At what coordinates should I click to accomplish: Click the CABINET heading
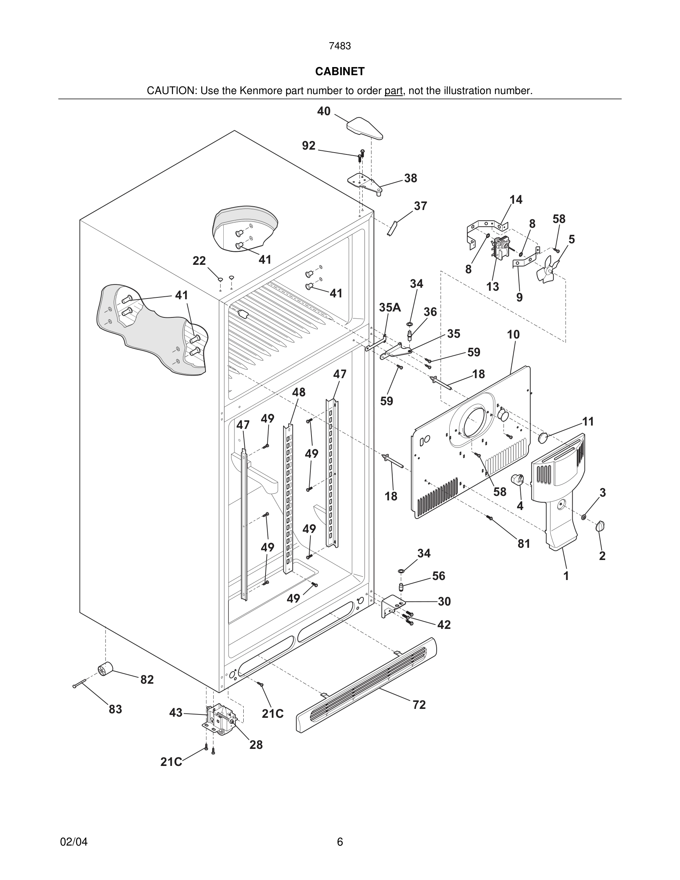click(x=340, y=71)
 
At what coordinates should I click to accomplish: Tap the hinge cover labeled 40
click(x=364, y=128)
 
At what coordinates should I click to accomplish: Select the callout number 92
click(x=309, y=146)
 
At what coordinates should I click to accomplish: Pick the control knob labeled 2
click(x=600, y=526)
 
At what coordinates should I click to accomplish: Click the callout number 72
click(x=419, y=705)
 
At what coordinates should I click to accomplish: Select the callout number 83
click(x=115, y=709)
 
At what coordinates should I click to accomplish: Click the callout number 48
click(x=299, y=392)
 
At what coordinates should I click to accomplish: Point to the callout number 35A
click(x=390, y=307)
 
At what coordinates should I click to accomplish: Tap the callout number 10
click(x=513, y=334)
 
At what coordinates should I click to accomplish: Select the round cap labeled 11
click(x=544, y=437)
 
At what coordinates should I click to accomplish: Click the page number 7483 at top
click(x=340, y=46)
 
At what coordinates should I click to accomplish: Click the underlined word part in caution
click(x=393, y=91)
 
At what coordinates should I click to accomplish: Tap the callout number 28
click(x=256, y=744)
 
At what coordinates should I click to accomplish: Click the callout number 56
click(x=438, y=576)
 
